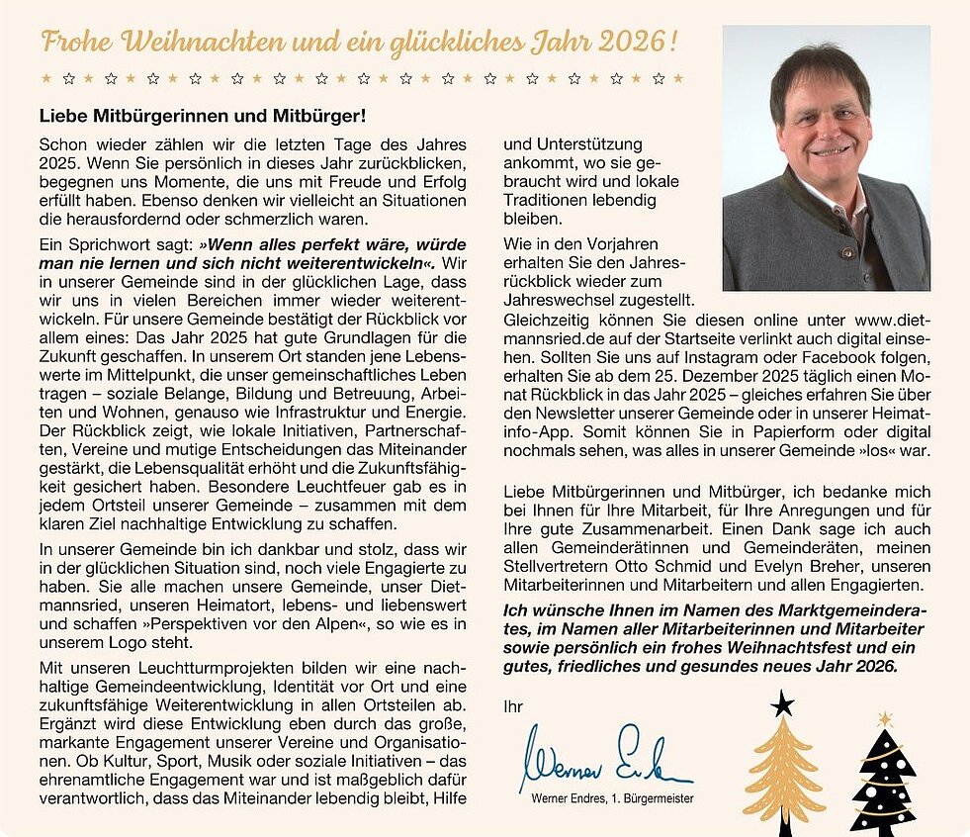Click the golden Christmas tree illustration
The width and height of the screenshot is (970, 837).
point(783,773)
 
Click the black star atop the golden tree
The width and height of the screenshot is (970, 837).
point(782,704)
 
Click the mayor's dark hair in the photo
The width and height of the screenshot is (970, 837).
point(821,69)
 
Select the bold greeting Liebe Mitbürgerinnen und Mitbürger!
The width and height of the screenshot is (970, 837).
point(203,116)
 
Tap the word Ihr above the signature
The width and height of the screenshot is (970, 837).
point(513,706)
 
